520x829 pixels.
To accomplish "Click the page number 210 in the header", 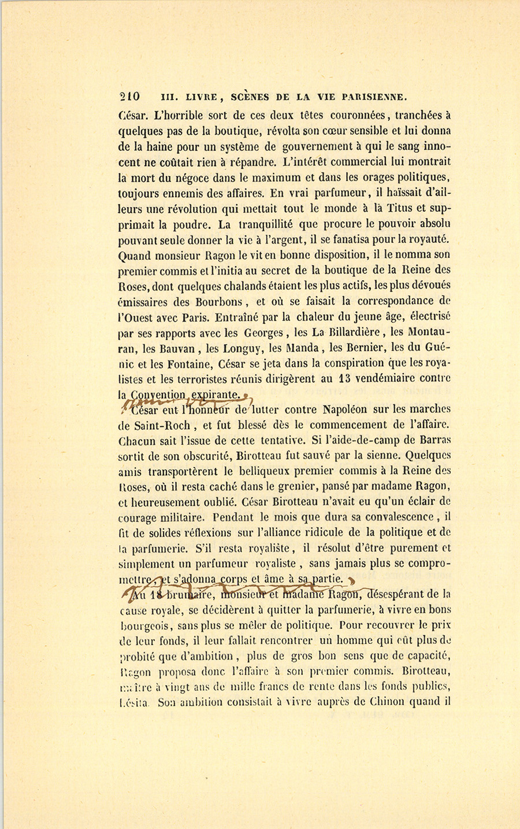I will [129, 97].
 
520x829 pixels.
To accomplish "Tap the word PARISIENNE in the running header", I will [374, 97].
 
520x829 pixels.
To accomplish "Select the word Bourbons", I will [219, 301].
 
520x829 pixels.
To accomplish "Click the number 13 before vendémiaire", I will [344, 380].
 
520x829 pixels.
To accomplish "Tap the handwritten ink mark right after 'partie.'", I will [352, 581].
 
